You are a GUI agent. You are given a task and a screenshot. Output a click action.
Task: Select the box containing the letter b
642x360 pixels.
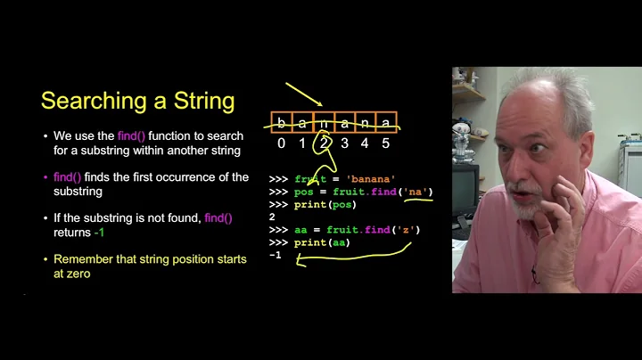coord(282,123)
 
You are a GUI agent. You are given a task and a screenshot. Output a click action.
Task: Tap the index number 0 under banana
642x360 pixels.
coord(282,143)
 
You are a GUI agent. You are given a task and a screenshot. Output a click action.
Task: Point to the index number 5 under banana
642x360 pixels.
coord(384,143)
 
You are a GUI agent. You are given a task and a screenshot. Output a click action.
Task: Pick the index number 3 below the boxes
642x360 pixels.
coord(343,143)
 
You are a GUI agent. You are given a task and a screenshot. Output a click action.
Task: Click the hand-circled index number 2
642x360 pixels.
coord(323,143)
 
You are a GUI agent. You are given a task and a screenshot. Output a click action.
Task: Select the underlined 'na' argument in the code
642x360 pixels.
coord(416,192)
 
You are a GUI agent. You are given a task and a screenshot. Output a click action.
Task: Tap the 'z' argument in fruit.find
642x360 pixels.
coord(407,230)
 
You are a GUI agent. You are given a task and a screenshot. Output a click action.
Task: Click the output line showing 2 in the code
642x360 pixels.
coord(272,217)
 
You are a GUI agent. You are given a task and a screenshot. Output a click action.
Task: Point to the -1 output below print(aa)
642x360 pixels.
coord(275,255)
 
